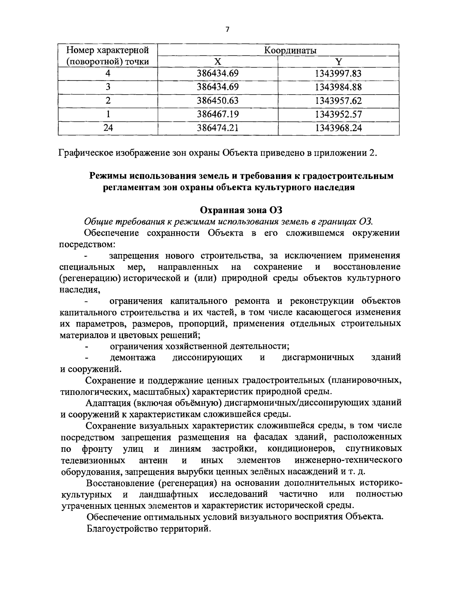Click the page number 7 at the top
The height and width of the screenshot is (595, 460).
[227, 30]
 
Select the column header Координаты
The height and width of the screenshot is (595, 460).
[278, 51]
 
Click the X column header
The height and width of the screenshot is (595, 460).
[218, 62]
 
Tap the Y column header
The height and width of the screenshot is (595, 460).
[338, 62]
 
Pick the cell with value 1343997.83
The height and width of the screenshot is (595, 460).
[338, 73]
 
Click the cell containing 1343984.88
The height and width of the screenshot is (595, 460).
[338, 87]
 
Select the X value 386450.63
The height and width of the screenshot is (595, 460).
[218, 101]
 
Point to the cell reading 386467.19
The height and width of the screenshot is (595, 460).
[218, 114]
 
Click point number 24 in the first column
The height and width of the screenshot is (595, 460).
[108, 128]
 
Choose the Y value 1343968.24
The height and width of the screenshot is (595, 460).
[338, 128]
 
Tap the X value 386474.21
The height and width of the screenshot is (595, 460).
[218, 128]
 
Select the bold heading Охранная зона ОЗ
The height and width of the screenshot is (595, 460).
[241, 210]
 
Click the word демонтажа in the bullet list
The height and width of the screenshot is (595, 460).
[133, 357]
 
